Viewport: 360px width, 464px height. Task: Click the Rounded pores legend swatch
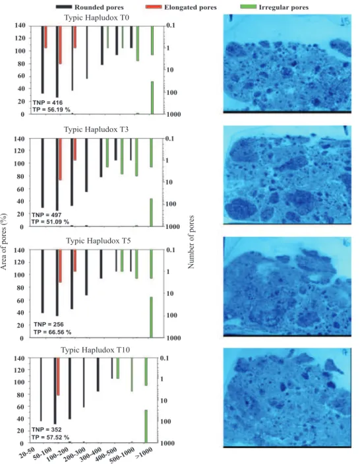[x=63, y=7]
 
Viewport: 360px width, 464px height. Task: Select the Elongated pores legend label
[x=191, y=7]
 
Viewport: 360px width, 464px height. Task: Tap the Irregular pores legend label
[x=284, y=7]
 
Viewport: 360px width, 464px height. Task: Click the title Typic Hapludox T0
[x=97, y=18]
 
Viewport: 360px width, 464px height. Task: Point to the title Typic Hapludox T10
[x=96, y=350]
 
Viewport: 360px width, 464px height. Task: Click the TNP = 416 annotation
[x=47, y=103]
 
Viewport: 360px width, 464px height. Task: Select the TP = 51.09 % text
[x=50, y=222]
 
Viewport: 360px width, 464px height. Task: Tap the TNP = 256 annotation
[x=49, y=324]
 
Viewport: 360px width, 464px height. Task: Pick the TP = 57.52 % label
[x=51, y=437]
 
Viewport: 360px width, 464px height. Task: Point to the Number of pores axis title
[x=191, y=242]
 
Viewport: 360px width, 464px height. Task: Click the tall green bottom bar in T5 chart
[x=152, y=317]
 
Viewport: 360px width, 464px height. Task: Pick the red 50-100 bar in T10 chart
[x=58, y=377]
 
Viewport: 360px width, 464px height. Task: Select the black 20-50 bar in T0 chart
[x=43, y=60]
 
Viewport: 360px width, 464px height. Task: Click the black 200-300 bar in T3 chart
[x=86, y=165]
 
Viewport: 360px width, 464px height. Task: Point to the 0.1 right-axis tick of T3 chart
[x=169, y=139]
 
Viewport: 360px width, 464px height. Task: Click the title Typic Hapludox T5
[x=98, y=241]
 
